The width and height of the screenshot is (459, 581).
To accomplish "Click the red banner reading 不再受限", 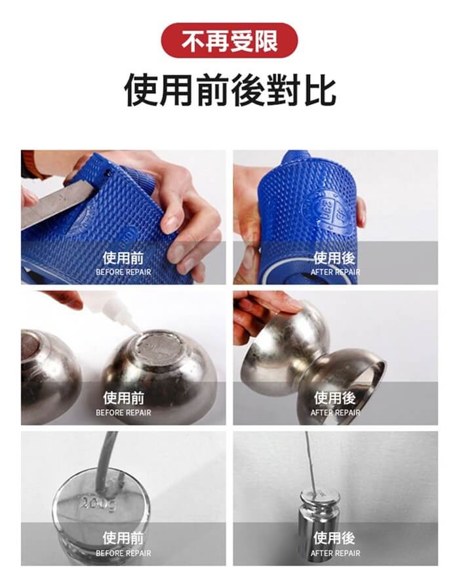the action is [229, 41].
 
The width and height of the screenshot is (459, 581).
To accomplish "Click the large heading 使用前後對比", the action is [229, 90].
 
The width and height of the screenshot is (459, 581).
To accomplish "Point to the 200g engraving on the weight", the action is [98, 504].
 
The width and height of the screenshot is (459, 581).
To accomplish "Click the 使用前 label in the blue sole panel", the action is [123, 258].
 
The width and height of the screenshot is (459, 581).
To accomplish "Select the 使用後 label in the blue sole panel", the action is [334, 258].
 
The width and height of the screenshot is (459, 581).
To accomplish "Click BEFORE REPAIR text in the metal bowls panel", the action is [123, 412].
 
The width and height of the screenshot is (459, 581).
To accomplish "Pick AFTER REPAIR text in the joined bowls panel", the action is [335, 412].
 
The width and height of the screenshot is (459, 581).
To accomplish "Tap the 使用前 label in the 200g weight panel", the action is [123, 538].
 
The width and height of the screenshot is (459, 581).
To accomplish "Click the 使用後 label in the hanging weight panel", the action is [334, 538].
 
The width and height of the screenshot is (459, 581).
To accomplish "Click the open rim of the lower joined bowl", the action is [370, 374].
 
